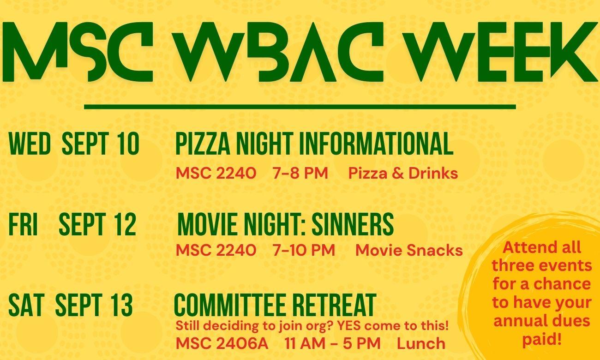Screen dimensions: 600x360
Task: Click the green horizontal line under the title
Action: click(x=300, y=107)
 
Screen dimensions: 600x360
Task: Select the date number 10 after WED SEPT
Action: click(x=128, y=144)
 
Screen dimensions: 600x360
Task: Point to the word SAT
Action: click(x=26, y=305)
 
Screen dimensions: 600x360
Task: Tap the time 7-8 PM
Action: click(x=300, y=173)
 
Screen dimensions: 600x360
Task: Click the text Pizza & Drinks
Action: click(x=403, y=173)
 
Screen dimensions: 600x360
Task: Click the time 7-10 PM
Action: click(x=304, y=250)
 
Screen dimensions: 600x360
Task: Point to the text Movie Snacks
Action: click(x=409, y=250)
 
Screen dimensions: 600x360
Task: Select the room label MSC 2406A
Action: click(x=222, y=343)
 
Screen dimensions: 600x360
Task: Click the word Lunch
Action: click(x=421, y=343)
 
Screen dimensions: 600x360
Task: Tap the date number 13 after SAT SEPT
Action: click(x=122, y=305)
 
